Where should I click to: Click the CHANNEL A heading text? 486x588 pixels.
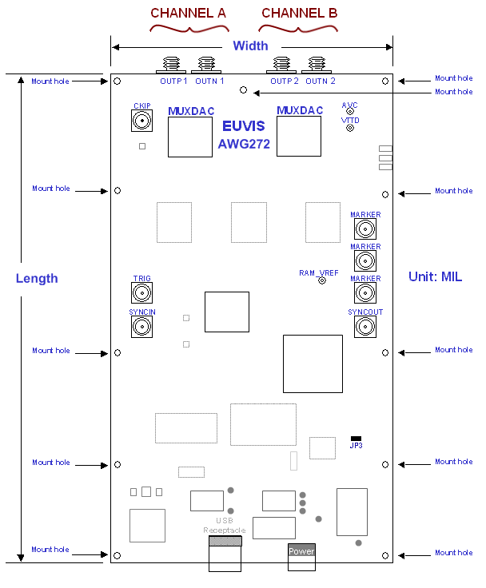188,14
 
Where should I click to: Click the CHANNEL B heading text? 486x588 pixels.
299,14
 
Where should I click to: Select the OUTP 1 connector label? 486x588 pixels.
173,81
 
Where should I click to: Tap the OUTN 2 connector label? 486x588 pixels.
321,81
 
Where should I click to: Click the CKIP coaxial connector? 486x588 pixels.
141,121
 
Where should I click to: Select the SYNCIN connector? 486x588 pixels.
141,326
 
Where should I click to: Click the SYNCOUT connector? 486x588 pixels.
364,326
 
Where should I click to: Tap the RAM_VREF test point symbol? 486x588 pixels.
322,280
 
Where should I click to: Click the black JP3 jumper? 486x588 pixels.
356,438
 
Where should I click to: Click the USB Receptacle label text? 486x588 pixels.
224,526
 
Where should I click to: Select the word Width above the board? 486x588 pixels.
250,46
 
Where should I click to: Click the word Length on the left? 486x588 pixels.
37,278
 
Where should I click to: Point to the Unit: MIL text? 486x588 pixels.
436,276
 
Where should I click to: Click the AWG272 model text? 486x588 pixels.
244,145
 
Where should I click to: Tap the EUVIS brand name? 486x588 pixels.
244,127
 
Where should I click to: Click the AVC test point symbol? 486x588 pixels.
349,111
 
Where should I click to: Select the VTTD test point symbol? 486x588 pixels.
349,127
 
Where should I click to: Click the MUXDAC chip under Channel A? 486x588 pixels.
190,136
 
